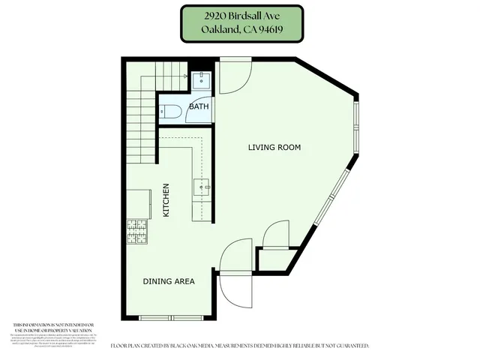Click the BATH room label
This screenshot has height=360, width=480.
199,106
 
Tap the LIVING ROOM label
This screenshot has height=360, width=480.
274,148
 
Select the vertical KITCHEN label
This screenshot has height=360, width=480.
166,200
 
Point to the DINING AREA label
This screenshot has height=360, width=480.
169,282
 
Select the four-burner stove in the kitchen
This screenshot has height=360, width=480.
137,231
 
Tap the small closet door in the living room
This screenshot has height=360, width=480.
276,233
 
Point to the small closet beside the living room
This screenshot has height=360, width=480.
271,259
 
